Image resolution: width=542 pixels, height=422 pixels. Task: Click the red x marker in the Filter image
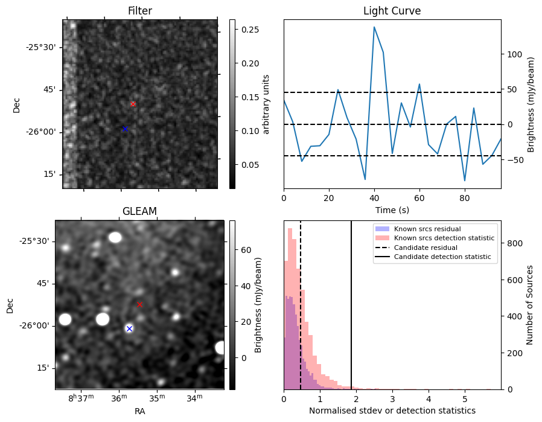(133, 104)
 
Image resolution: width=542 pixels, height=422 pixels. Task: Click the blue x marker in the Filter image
(125, 129)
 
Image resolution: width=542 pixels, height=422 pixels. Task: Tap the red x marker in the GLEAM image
(139, 304)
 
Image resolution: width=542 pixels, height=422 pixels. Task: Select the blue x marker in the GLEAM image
(129, 328)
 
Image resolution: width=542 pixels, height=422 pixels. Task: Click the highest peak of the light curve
(374, 27)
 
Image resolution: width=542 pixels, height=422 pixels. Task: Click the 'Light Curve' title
(392, 11)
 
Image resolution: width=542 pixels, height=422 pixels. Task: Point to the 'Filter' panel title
(139, 11)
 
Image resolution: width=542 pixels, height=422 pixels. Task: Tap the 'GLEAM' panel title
(139, 211)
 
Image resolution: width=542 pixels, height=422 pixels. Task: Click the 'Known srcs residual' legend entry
(427, 229)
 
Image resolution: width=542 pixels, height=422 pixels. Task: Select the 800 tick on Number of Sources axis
(513, 243)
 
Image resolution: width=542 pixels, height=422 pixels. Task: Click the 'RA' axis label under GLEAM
(139, 411)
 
